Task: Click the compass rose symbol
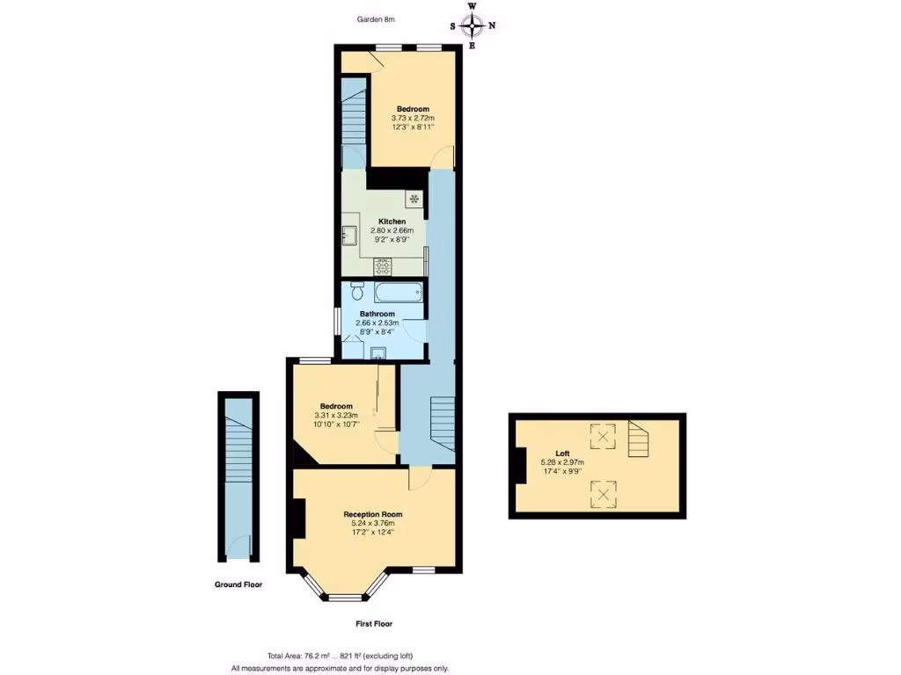tap(472, 25)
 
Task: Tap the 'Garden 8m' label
tap(377, 19)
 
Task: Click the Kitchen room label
tap(392, 221)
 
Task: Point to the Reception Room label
tap(373, 514)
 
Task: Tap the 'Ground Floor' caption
tap(238, 584)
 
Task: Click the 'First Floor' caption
tap(373, 624)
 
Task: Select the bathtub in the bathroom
tap(399, 292)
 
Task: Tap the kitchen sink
tap(348, 236)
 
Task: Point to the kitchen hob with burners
tap(383, 265)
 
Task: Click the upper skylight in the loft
tap(603, 435)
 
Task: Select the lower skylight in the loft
tap(603, 493)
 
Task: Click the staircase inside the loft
tap(641, 439)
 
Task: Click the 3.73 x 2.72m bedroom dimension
tap(413, 118)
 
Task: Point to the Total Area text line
tap(340, 656)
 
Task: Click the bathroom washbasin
tap(378, 352)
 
